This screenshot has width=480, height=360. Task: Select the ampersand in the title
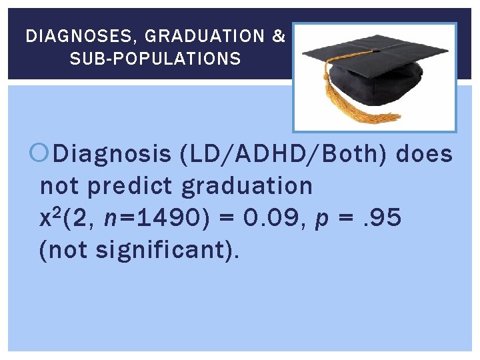(x=279, y=36)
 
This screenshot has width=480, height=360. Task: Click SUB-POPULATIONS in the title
(x=155, y=59)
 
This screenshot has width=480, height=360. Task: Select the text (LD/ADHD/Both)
(x=285, y=155)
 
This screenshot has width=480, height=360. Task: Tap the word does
(x=424, y=155)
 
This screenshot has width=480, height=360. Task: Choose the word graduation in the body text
(x=247, y=186)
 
